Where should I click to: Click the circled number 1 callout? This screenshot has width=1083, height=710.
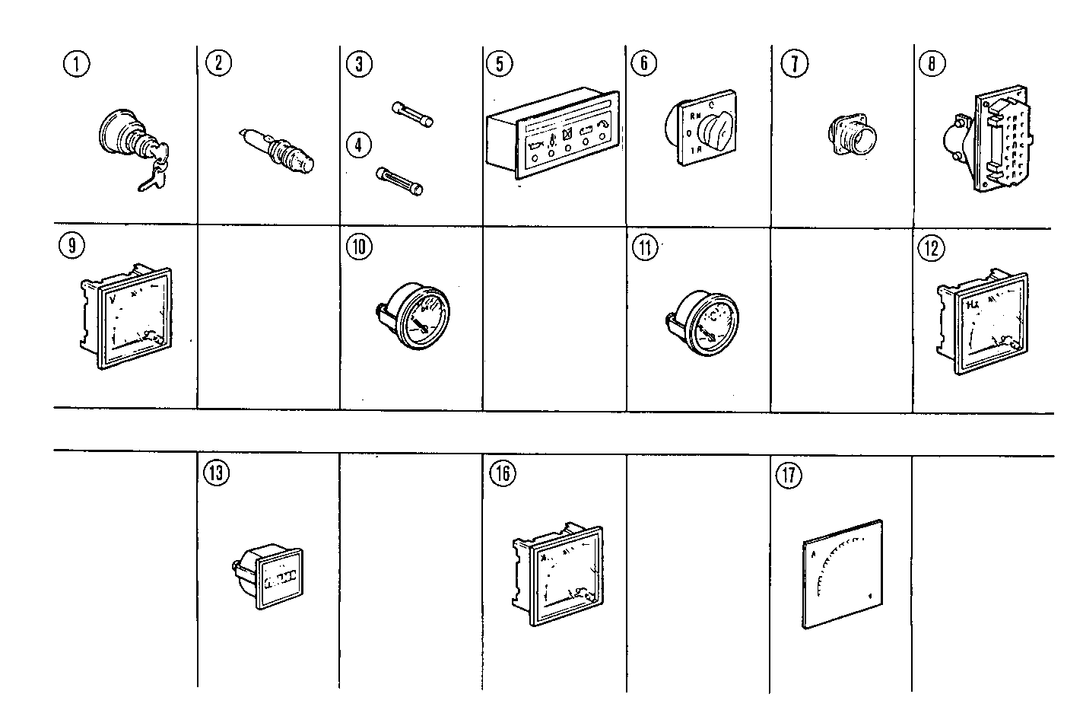pos(76,64)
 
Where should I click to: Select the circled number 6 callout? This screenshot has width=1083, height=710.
pos(643,64)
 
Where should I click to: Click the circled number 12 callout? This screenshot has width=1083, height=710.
pos(931,248)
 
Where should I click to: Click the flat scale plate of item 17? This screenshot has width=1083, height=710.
pos(843,575)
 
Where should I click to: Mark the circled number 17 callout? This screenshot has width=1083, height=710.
pos(788,475)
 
